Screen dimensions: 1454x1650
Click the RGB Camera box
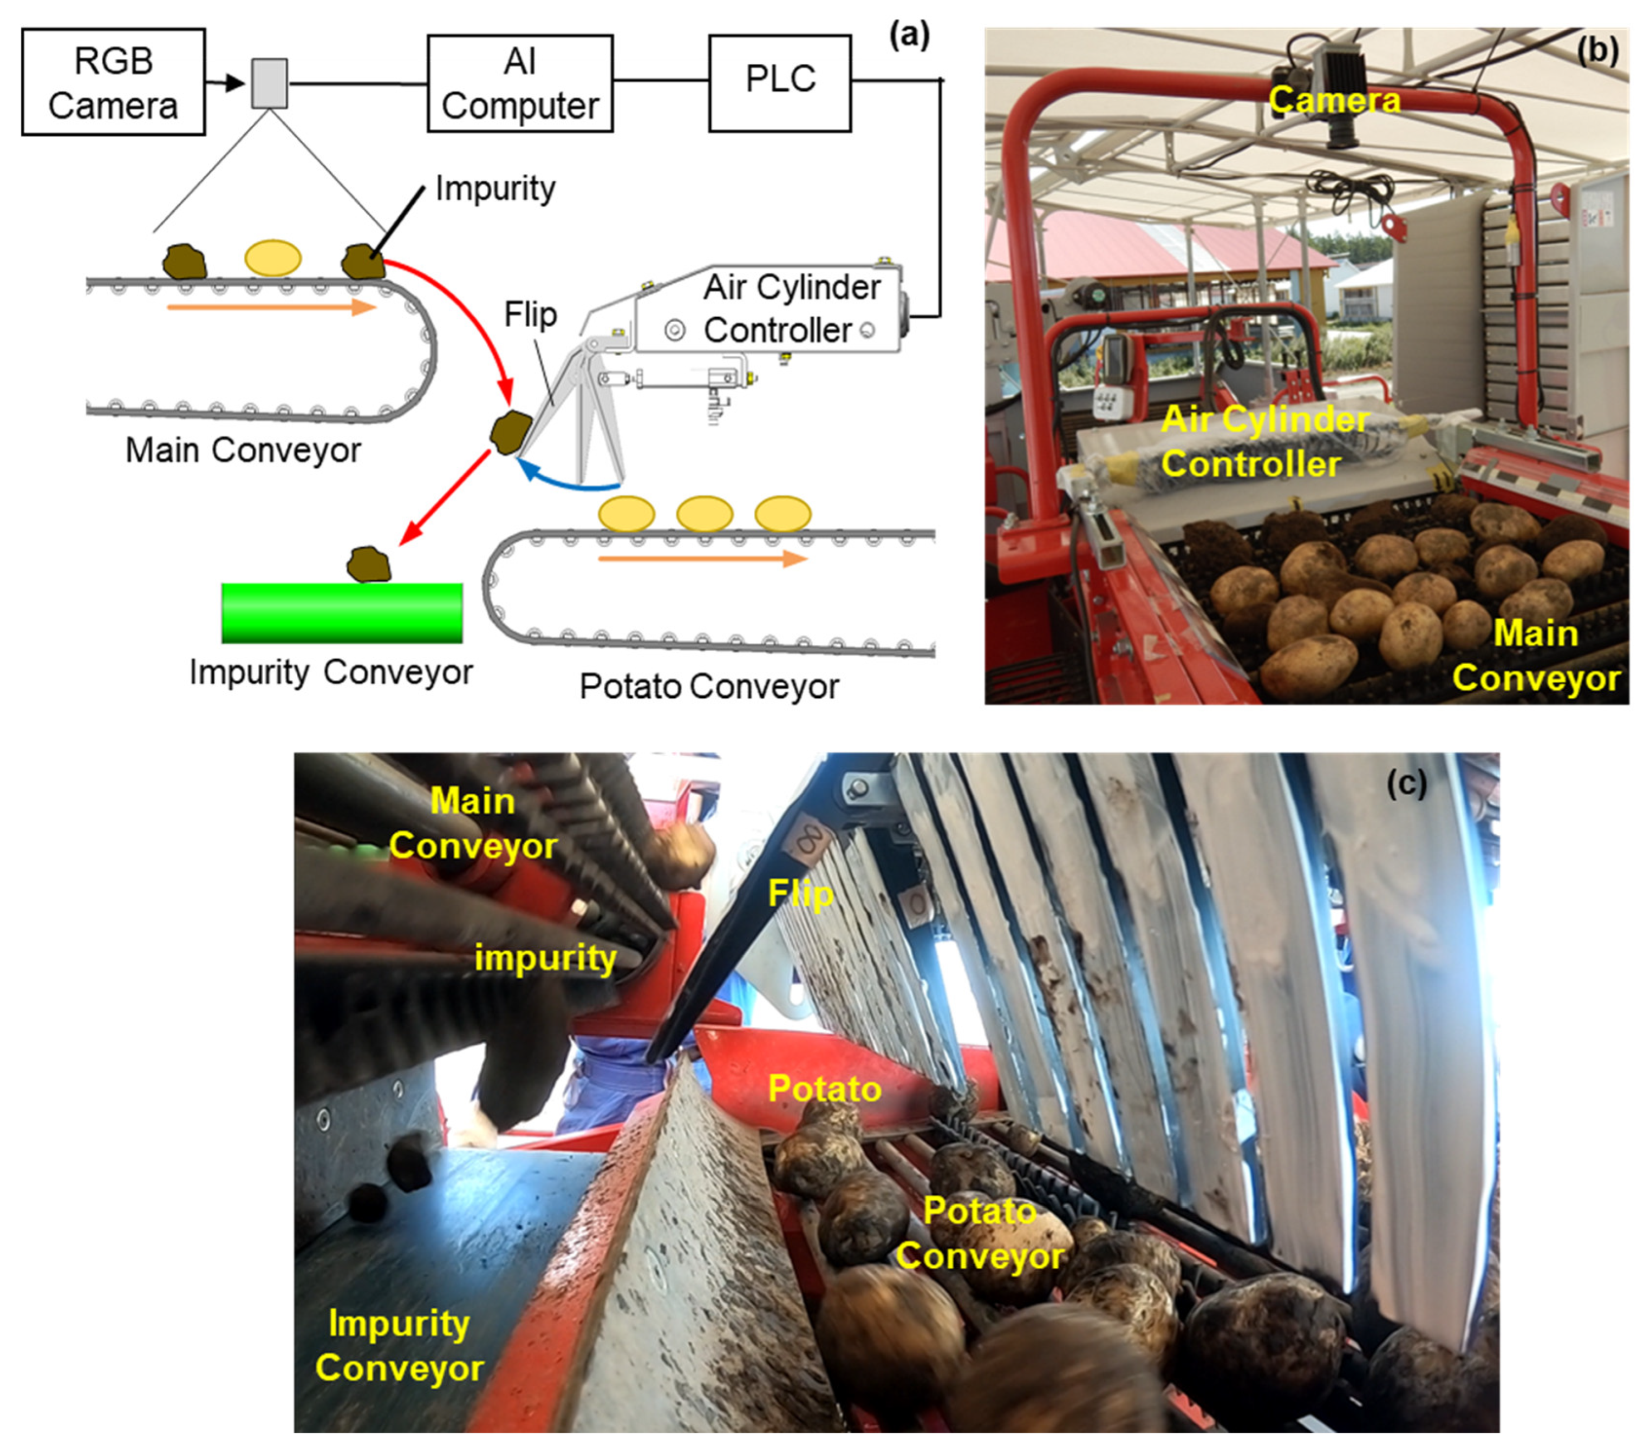(x=113, y=82)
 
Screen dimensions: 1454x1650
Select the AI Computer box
(x=519, y=83)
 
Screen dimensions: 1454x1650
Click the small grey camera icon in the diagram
(x=269, y=83)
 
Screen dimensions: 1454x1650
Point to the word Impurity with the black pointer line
(x=495, y=189)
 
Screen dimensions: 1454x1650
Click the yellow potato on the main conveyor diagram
(x=273, y=258)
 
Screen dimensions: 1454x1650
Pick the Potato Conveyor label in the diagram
(x=709, y=686)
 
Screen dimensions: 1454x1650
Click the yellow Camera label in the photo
(x=1334, y=101)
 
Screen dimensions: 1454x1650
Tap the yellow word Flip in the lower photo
(x=800, y=894)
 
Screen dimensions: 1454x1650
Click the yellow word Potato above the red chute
(x=824, y=1089)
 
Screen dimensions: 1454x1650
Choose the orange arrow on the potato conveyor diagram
(x=702, y=558)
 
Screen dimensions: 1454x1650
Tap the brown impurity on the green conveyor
(x=369, y=564)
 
